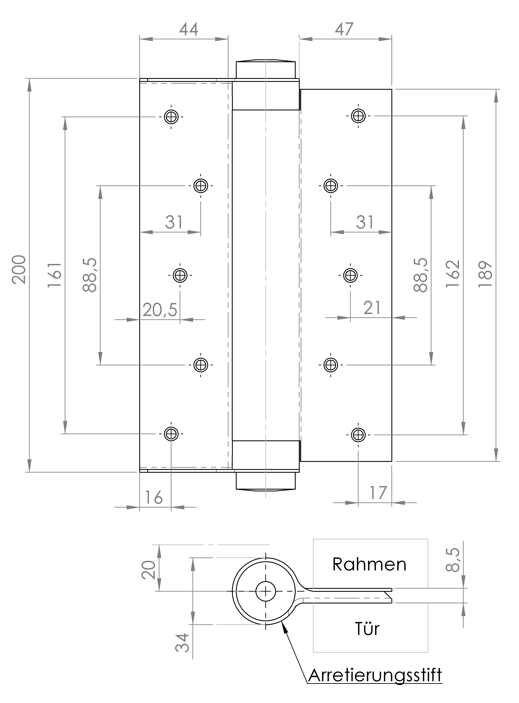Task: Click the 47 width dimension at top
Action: pyautogui.click(x=344, y=29)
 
